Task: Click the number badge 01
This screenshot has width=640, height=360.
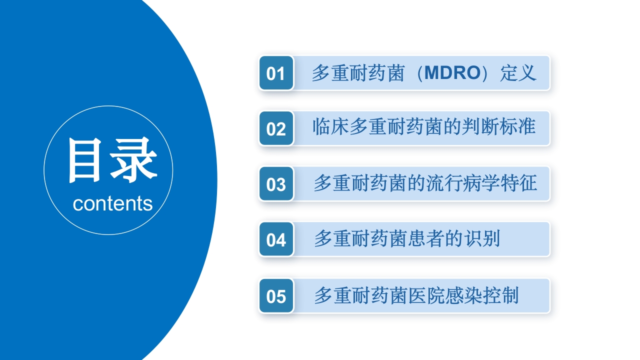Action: point(275,73)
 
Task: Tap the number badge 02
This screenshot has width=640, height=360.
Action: point(275,129)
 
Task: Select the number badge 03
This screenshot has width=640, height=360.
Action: point(275,184)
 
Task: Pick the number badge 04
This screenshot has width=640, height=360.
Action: point(275,240)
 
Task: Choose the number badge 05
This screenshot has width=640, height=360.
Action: point(275,296)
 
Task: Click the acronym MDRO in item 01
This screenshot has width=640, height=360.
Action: point(445,73)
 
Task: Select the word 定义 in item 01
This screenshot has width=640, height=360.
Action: point(518,73)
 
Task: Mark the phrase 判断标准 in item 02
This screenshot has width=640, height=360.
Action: point(499,127)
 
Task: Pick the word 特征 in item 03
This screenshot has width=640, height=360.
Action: point(518,183)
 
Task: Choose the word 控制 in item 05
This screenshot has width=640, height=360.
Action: point(500,295)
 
